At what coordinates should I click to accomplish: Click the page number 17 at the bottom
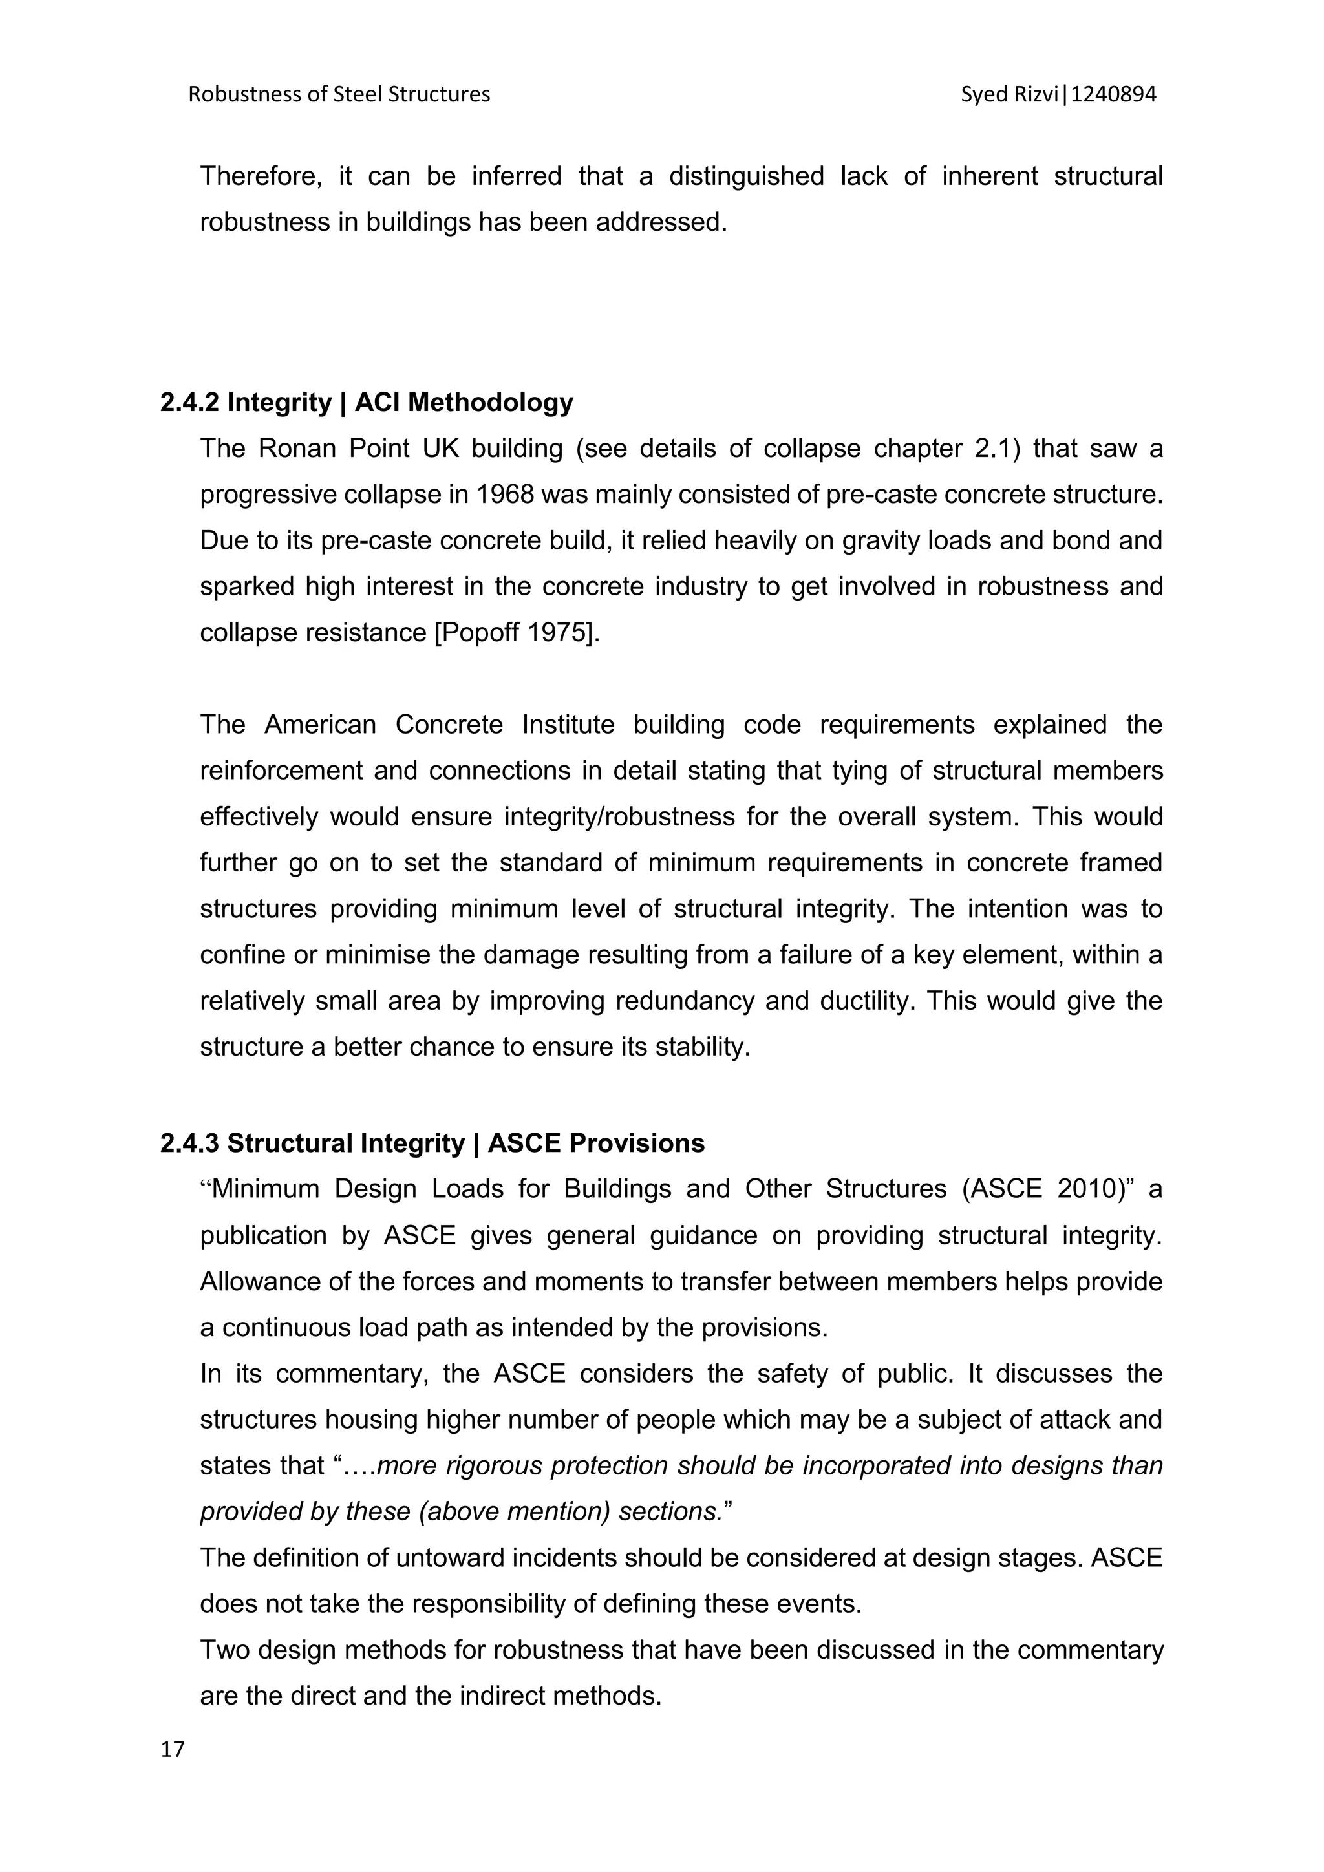[x=173, y=1749]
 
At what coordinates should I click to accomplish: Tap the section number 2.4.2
[x=190, y=403]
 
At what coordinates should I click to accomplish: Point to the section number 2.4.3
[x=190, y=1144]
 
